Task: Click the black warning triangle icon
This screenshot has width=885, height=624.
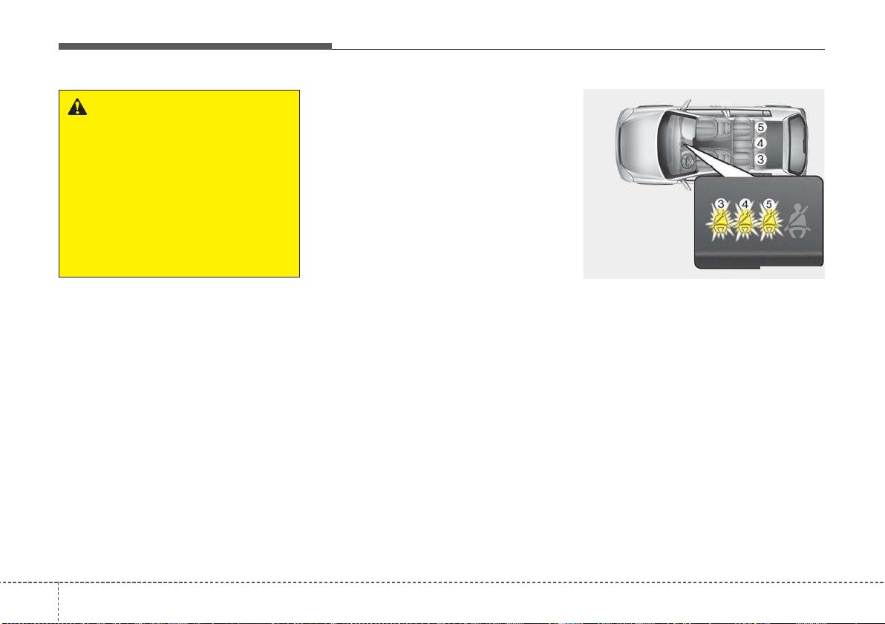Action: (77, 107)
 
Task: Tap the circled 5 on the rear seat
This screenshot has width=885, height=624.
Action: (760, 128)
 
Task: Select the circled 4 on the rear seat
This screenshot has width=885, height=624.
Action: (760, 143)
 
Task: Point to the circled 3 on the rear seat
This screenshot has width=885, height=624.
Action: (760, 160)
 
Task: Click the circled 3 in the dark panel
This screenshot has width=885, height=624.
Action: (721, 204)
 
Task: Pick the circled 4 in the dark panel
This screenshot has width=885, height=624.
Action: (745, 204)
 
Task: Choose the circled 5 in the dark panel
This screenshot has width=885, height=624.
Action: (768, 204)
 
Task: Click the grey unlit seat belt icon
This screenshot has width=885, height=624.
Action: (798, 223)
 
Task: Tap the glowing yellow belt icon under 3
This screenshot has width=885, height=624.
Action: (720, 225)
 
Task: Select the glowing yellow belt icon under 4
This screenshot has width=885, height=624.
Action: (745, 225)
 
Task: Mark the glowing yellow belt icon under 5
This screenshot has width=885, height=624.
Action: (769, 225)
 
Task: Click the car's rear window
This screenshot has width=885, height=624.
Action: (796, 143)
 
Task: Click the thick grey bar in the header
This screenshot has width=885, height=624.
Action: (195, 46)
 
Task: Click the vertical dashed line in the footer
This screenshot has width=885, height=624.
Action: (58, 602)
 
